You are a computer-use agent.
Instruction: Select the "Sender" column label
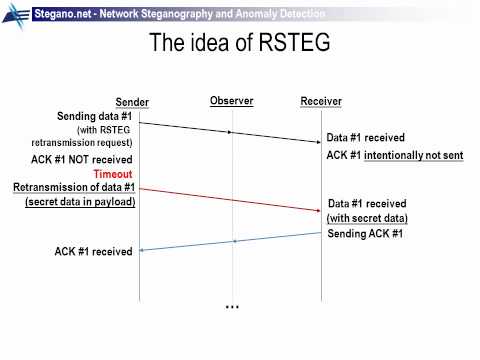coord(132,102)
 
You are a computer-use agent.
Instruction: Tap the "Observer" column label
coord(232,101)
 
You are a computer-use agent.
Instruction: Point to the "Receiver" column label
coord(321,102)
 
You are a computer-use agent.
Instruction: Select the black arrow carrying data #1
coord(231,131)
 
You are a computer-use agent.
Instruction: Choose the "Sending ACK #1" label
coord(365,234)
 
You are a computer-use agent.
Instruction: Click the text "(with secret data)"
coord(367,218)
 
